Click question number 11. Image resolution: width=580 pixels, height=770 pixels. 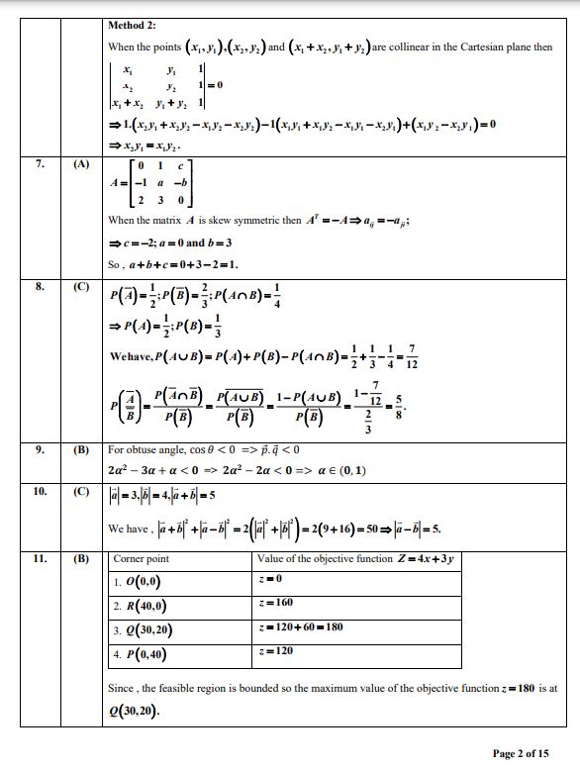point(40,558)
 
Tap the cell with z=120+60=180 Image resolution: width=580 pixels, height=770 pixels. point(299,626)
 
